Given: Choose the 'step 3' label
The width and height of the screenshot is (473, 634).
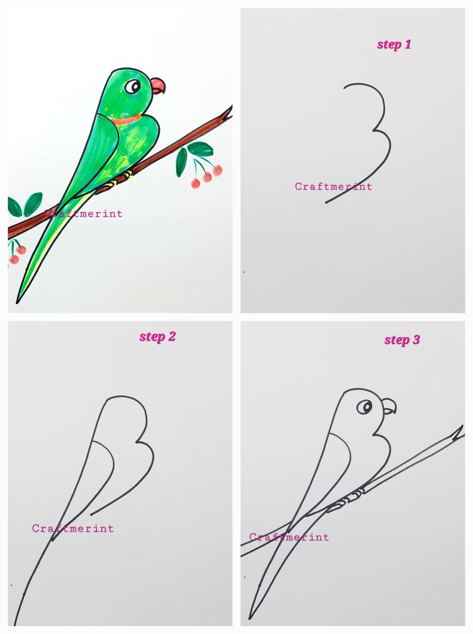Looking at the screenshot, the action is [402, 340].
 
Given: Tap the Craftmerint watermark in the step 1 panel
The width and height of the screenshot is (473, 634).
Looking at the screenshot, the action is [333, 187].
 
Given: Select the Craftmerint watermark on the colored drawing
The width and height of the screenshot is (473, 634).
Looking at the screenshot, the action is [83, 214].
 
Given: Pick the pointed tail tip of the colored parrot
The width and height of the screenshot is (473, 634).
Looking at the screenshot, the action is [17, 302].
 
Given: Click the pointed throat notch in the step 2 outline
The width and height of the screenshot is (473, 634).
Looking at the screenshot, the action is [137, 442].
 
